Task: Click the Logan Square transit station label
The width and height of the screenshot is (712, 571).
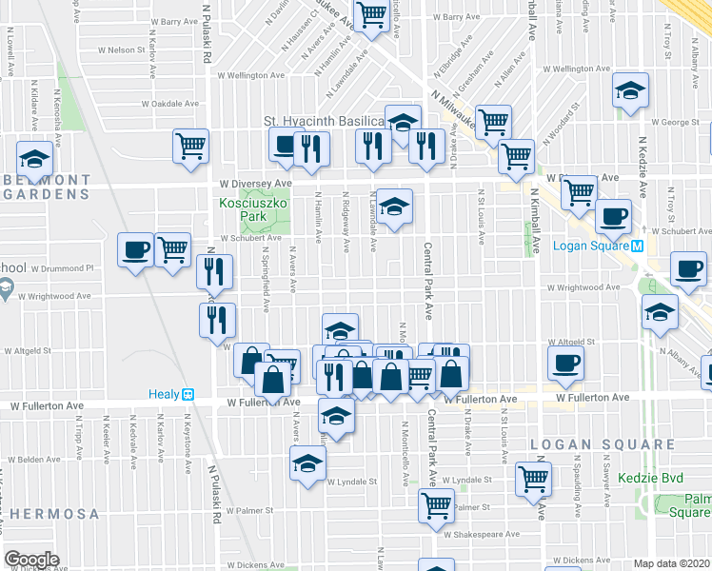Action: (592, 245)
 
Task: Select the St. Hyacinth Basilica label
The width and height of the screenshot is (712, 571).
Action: (323, 122)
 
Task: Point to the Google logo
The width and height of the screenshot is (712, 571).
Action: (31, 560)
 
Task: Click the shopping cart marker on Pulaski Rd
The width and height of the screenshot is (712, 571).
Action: (190, 147)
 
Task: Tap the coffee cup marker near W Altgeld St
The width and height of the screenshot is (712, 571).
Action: (567, 362)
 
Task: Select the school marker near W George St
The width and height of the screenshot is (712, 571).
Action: (630, 91)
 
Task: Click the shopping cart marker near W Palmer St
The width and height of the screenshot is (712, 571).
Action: (436, 505)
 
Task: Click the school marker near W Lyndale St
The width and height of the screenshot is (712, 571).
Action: (307, 464)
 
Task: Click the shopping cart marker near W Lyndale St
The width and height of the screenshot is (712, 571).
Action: (534, 479)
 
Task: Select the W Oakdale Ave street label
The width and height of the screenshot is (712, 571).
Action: (169, 104)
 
